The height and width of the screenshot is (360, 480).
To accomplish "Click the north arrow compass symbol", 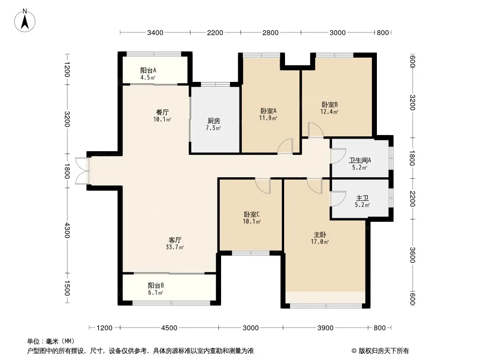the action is click(x=25, y=21).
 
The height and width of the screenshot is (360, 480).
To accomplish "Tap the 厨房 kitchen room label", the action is click(x=214, y=121).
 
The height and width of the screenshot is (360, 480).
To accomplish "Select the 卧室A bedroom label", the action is click(x=268, y=111).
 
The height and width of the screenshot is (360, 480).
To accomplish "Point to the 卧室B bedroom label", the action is click(x=330, y=104).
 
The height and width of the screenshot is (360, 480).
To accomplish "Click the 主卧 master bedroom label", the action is click(x=320, y=234).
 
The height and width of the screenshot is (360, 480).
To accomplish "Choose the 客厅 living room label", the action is click(x=175, y=240).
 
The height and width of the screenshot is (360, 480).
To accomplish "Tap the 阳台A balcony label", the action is click(x=148, y=70).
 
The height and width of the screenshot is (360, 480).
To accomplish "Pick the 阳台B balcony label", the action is click(x=156, y=285).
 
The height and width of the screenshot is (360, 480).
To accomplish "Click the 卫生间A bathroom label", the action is click(x=360, y=160).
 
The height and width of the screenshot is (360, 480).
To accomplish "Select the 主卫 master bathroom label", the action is click(x=362, y=198).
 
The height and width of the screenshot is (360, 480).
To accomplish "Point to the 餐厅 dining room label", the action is click(x=162, y=112).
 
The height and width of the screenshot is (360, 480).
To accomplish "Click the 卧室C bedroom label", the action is click(x=252, y=214).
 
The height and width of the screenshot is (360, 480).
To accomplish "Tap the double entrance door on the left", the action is click(x=82, y=171).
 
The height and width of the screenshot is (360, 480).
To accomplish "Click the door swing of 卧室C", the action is click(x=263, y=186).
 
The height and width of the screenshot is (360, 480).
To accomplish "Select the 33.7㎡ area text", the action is click(x=175, y=247).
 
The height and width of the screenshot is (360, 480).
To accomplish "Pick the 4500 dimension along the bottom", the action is click(x=169, y=328).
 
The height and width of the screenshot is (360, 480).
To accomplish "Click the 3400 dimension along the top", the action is click(x=155, y=33).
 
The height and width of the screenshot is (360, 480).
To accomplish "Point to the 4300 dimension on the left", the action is click(x=67, y=230).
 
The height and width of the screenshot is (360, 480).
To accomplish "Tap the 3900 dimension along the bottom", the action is click(x=326, y=328).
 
